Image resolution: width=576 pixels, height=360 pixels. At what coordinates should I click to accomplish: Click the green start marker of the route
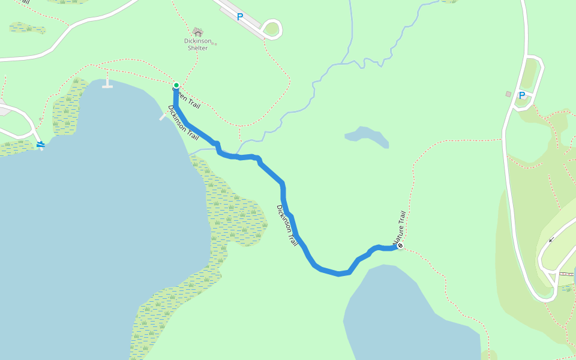coord(176,85)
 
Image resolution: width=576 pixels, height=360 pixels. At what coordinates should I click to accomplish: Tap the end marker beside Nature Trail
coord(400,245)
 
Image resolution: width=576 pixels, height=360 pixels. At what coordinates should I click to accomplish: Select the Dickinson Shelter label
coord(197,44)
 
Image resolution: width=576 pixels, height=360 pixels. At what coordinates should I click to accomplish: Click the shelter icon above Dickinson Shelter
coord(197,32)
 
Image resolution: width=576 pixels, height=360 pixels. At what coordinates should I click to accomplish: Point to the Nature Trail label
coord(400,229)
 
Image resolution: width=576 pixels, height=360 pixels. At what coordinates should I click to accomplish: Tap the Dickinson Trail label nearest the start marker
coord(183,123)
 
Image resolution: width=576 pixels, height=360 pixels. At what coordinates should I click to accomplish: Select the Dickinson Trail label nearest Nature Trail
coord(287,225)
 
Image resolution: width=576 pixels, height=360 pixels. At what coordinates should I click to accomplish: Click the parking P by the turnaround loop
coord(240,17)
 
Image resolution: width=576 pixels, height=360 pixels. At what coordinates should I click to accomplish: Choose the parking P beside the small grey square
coord(522,95)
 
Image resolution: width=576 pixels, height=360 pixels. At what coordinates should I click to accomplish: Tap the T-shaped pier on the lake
coord(107,84)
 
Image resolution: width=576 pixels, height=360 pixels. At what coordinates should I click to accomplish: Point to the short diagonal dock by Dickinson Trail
coord(164,115)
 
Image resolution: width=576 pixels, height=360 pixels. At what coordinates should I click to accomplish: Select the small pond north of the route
coord(367,136)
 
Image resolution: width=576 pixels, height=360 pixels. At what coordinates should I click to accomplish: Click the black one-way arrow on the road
coord(551,239)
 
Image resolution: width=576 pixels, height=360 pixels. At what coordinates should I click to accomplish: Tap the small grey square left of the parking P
coord(508,94)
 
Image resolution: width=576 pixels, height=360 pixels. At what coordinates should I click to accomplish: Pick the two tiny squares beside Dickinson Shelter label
coord(214,43)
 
